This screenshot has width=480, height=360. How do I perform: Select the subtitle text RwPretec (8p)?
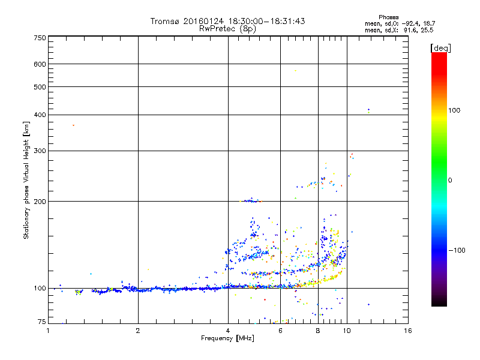point(227,28)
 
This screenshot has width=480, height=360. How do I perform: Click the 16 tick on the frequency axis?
point(407,331)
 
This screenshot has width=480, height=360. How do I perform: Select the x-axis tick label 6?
point(280,331)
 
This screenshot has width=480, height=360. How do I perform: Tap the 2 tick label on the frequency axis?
point(138,331)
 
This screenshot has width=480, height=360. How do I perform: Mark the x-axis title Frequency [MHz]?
point(228,338)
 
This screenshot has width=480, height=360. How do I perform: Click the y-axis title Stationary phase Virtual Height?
point(26,180)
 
